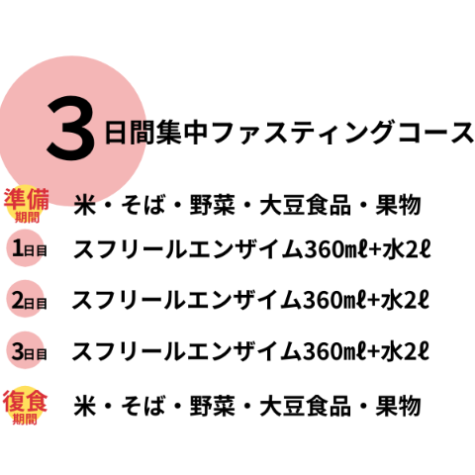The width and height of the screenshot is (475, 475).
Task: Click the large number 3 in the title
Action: [70, 129]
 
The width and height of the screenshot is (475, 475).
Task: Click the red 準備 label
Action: [27, 200]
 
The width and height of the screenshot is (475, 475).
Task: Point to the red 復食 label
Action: [25, 402]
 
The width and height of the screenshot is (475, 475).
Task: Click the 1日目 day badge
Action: [26, 248]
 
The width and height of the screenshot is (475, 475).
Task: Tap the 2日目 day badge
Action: [26, 299]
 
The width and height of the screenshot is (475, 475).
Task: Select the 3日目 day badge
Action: [26, 350]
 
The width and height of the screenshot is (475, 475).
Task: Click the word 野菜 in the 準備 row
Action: [213, 205]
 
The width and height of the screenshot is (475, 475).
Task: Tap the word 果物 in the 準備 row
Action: [398, 205]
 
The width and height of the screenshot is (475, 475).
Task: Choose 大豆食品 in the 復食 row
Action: [305, 406]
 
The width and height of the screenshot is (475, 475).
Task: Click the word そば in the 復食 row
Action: [143, 406]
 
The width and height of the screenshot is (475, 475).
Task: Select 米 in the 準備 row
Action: [85, 205]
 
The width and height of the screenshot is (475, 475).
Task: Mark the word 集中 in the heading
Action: [182, 133]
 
